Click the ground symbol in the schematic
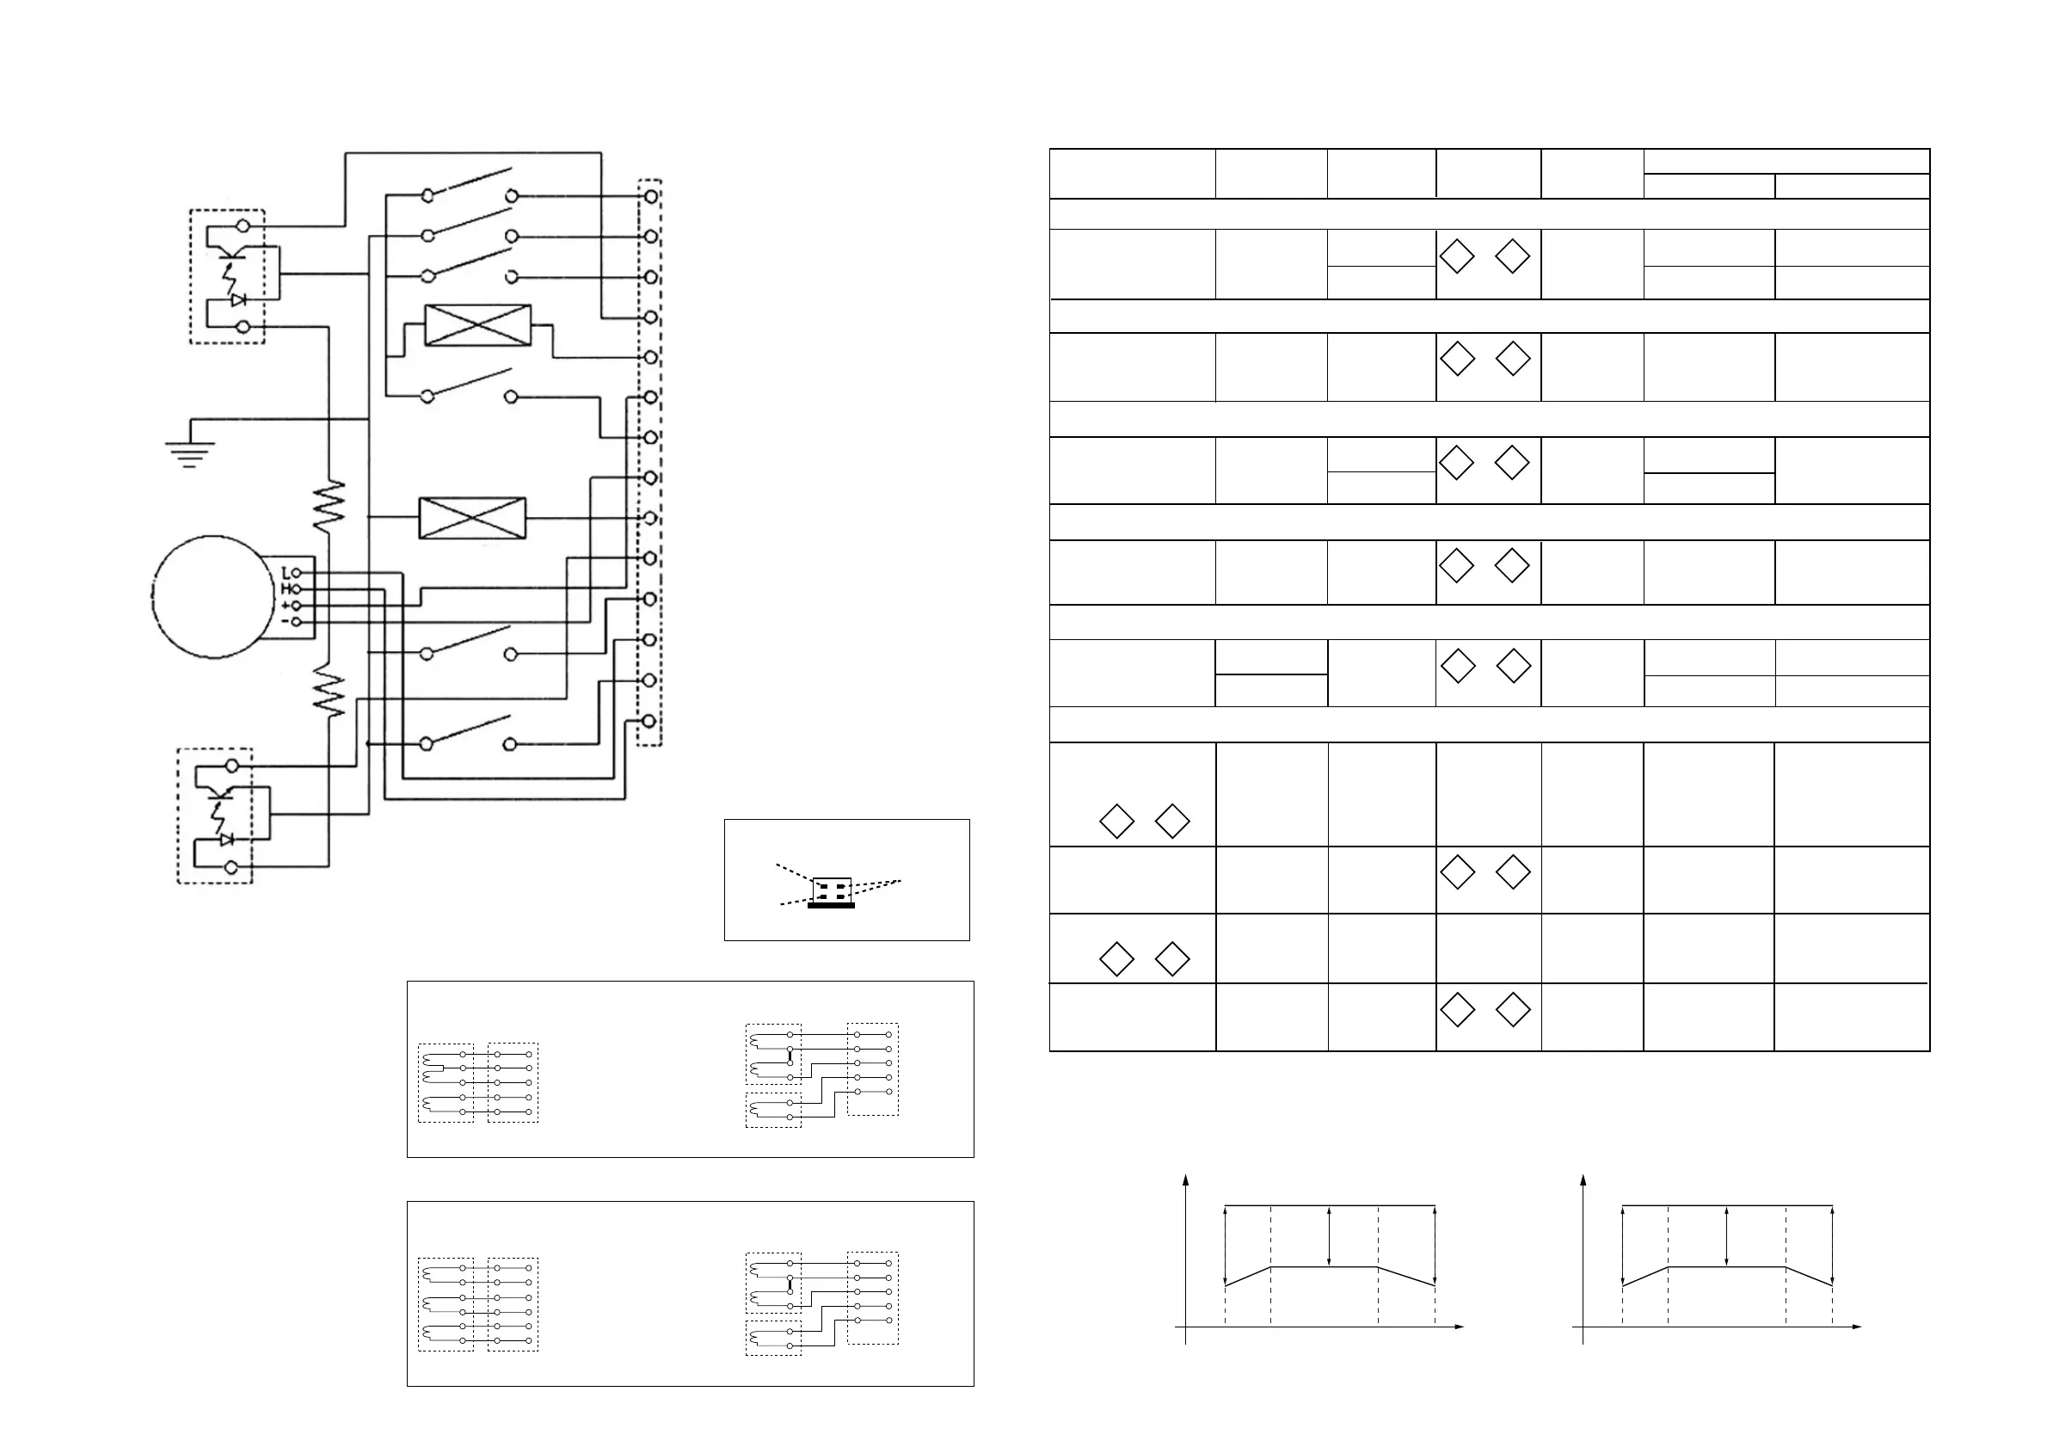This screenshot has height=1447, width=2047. pyautogui.click(x=189, y=453)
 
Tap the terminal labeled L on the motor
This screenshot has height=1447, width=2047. pyautogui.click(x=297, y=572)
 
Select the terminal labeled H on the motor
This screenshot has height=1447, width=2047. pyautogui.click(x=297, y=588)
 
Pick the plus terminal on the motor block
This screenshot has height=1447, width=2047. pyautogui.click(x=297, y=606)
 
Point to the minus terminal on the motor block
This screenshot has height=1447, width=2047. pyautogui.click(x=297, y=621)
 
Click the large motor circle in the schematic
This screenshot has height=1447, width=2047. pyautogui.click(x=212, y=597)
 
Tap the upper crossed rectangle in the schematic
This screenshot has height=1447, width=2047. pyautogui.click(x=478, y=324)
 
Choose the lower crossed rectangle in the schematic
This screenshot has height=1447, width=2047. pyautogui.click(x=472, y=518)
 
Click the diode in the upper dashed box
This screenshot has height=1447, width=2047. pyautogui.click(x=238, y=300)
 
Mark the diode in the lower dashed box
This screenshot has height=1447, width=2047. pyautogui.click(x=226, y=839)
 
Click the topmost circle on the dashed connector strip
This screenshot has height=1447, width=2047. pyautogui.click(x=651, y=195)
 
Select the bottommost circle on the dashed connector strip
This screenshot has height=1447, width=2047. pyautogui.click(x=651, y=720)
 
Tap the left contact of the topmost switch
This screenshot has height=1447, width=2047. pyautogui.click(x=428, y=194)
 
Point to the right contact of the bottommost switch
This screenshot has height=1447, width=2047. pyautogui.click(x=511, y=743)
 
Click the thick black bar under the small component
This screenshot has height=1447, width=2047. pyautogui.click(x=831, y=906)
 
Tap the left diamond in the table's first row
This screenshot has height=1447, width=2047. pyautogui.click(x=1457, y=256)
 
